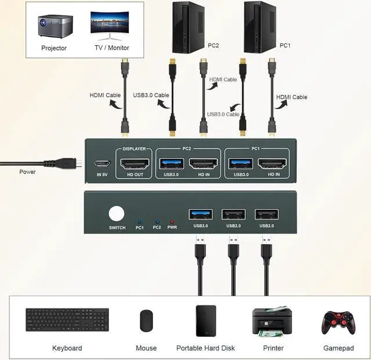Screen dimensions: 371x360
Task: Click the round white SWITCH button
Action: [117, 213]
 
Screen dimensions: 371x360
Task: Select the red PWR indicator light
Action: [172, 221]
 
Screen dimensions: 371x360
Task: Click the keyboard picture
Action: [67, 321]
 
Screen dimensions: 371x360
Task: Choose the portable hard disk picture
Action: [206, 321]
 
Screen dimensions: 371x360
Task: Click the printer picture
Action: [272, 321]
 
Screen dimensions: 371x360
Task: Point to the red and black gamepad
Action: [338, 322]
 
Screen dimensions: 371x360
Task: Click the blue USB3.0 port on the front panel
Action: [201, 214]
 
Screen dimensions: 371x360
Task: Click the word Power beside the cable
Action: [27, 172]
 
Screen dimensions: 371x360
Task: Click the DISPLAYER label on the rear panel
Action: [134, 149]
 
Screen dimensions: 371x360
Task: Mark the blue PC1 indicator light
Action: [140, 221]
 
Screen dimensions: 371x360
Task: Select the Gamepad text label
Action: [338, 348]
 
